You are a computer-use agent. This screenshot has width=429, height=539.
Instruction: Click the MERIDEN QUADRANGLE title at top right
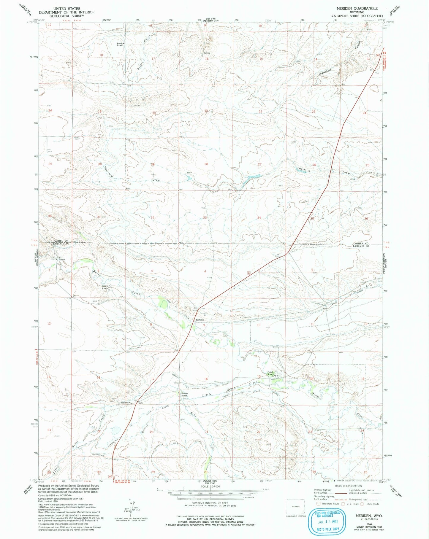coord(353,8)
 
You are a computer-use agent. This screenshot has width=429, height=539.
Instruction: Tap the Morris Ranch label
coord(119,44)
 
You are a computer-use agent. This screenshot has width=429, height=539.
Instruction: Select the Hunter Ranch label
coord(184,395)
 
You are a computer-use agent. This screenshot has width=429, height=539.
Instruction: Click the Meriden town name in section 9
coord(200,320)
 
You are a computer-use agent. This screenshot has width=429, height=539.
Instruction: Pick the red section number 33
coord(205,218)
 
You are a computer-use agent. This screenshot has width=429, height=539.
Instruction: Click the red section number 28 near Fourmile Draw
coord(206,164)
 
